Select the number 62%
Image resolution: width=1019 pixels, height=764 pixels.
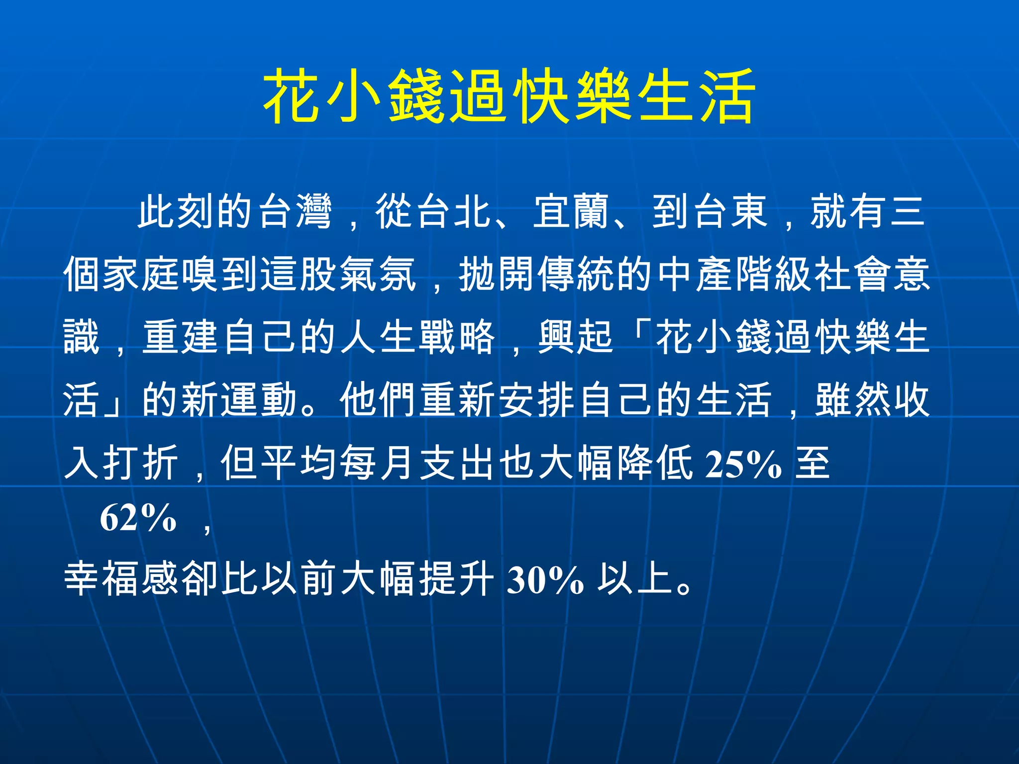(x=138, y=518)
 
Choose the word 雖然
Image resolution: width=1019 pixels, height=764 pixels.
(x=853, y=400)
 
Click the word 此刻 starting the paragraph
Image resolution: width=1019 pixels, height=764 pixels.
(x=176, y=211)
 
